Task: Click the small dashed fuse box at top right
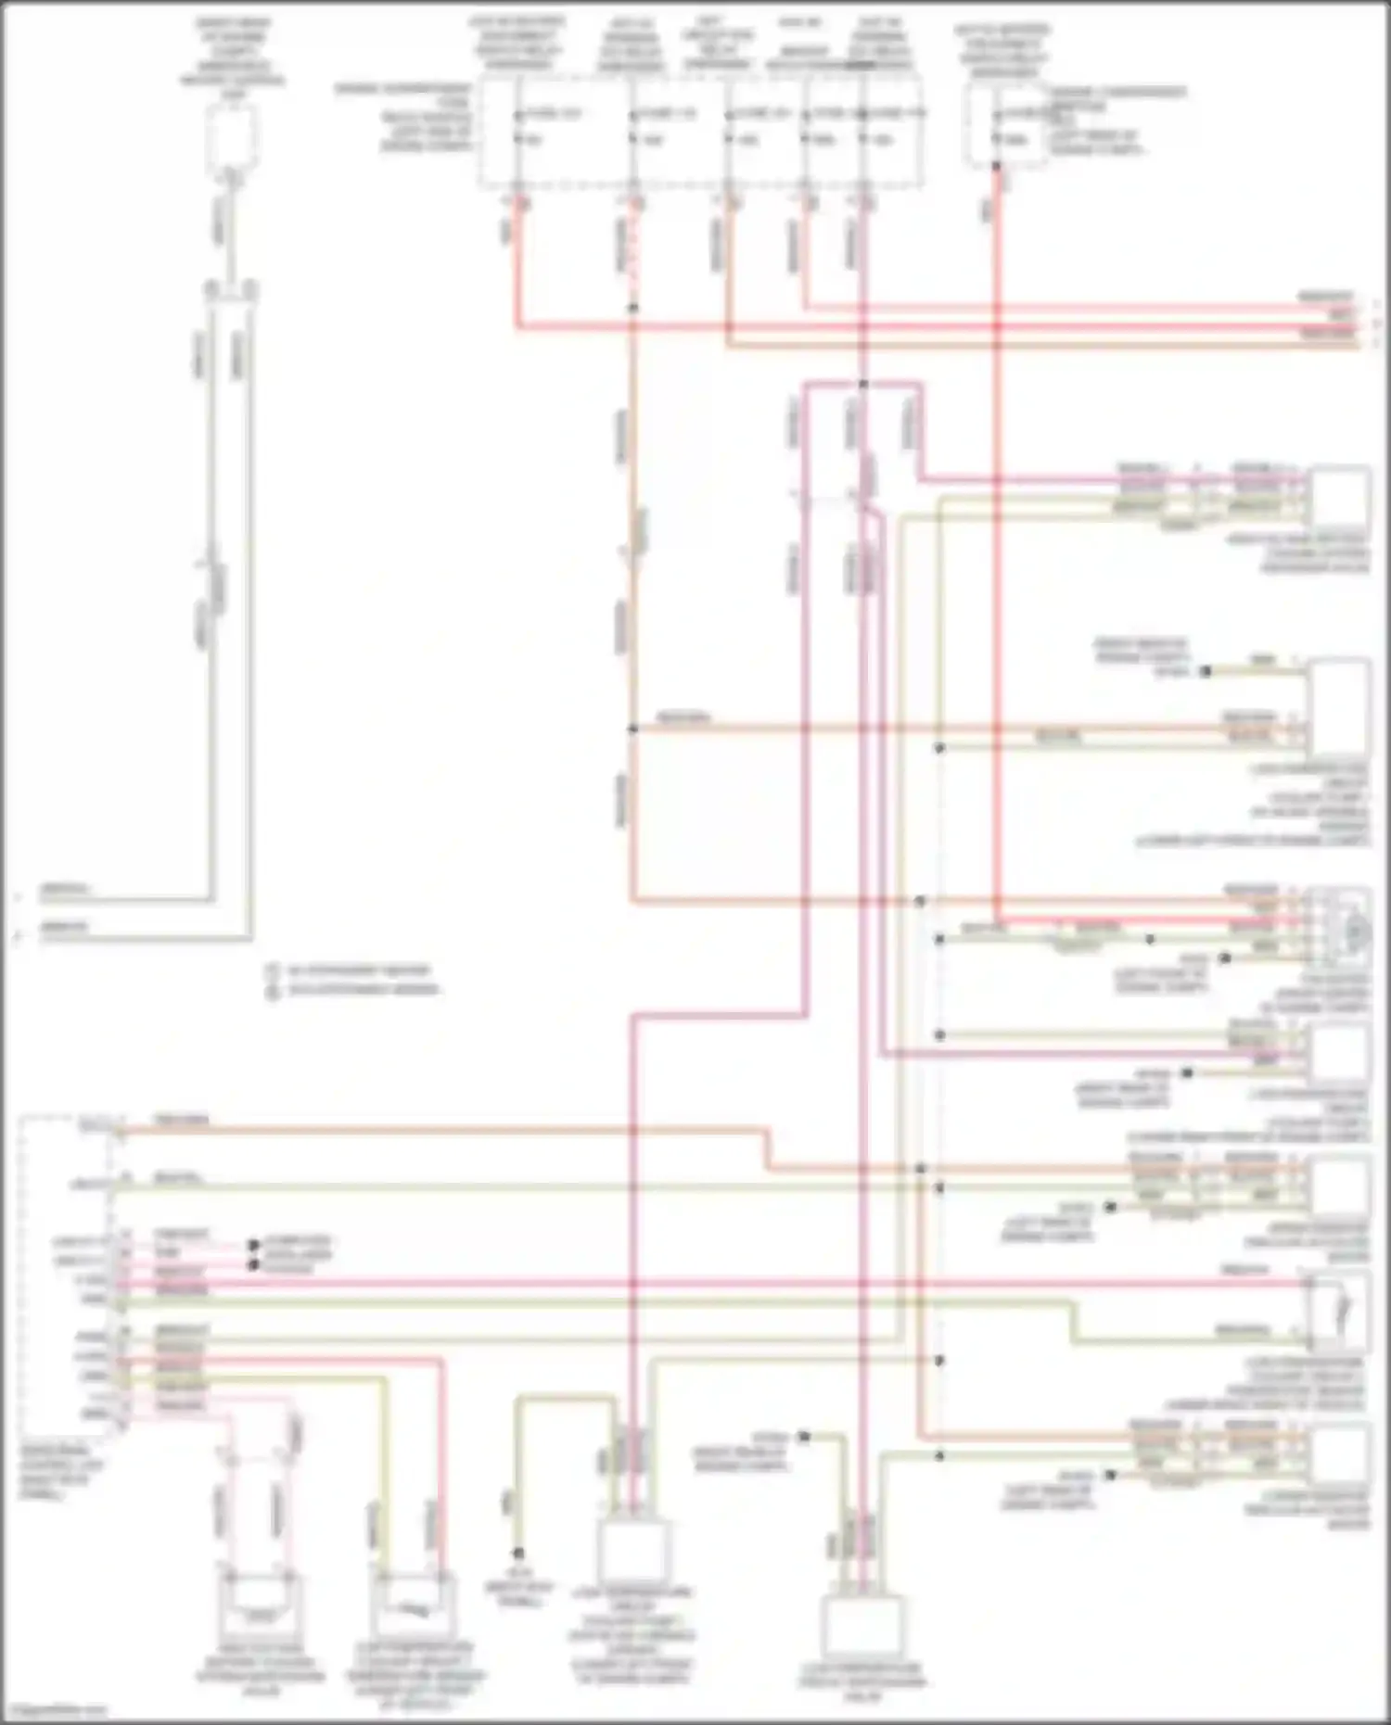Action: (x=1005, y=126)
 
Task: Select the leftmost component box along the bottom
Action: (x=261, y=1614)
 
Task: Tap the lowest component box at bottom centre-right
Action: (x=863, y=1628)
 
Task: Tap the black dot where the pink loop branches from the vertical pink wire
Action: (x=863, y=383)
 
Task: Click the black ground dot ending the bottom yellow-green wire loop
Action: (x=518, y=1553)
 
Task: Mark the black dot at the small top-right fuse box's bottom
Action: (x=997, y=166)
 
